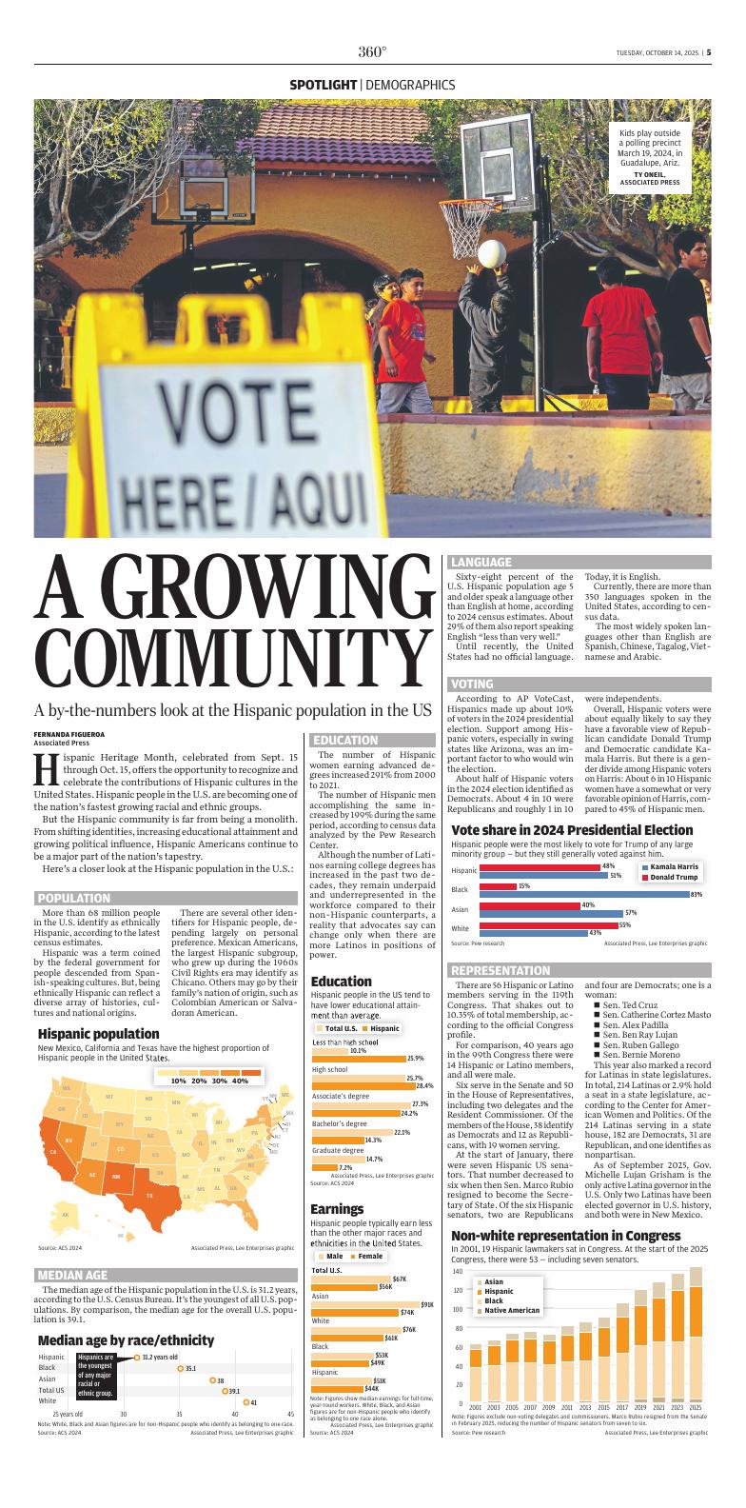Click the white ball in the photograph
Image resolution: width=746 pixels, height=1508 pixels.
click(x=491, y=253)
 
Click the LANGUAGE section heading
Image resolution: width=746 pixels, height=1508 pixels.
click(x=481, y=563)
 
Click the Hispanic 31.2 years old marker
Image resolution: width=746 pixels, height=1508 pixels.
click(x=137, y=1357)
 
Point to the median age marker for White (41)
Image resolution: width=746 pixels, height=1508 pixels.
click(x=246, y=1401)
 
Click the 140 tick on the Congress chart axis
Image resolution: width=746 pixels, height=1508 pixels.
click(x=458, y=1272)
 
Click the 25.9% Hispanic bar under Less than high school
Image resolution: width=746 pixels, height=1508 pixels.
click(x=359, y=1058)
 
